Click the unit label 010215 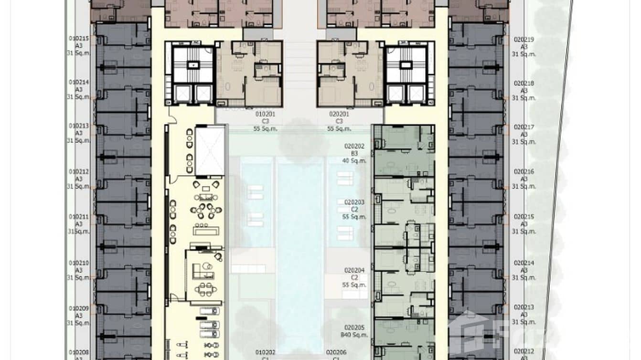[79, 39]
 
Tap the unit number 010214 [79, 82]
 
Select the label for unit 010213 [79, 126]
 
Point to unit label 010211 [79, 216]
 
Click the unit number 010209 [79, 308]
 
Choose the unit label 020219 [524, 40]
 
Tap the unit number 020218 [524, 83]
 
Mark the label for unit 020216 [524, 171]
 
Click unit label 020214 [524, 263]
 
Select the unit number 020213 [524, 307]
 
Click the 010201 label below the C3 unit [265, 114]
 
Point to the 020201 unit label [339, 114]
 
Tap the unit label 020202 [354, 146]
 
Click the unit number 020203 [354, 202]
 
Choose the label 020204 [354, 270]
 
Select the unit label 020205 [354, 328]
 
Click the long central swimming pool [300, 248]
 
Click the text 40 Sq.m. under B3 [354, 160]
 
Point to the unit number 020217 [524, 127]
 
